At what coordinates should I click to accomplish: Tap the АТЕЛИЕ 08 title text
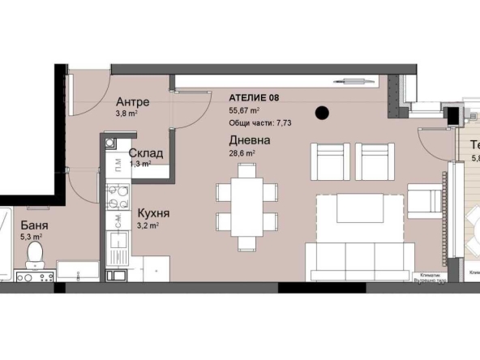(x=255, y=97)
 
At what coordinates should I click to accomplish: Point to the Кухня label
(x=152, y=214)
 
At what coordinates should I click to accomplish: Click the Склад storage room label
(x=146, y=153)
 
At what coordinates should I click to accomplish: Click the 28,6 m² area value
(x=242, y=152)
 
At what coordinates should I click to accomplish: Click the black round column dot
(x=322, y=113)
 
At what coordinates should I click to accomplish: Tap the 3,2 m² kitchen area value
(x=148, y=226)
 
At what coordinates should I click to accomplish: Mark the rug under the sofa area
(x=357, y=219)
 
